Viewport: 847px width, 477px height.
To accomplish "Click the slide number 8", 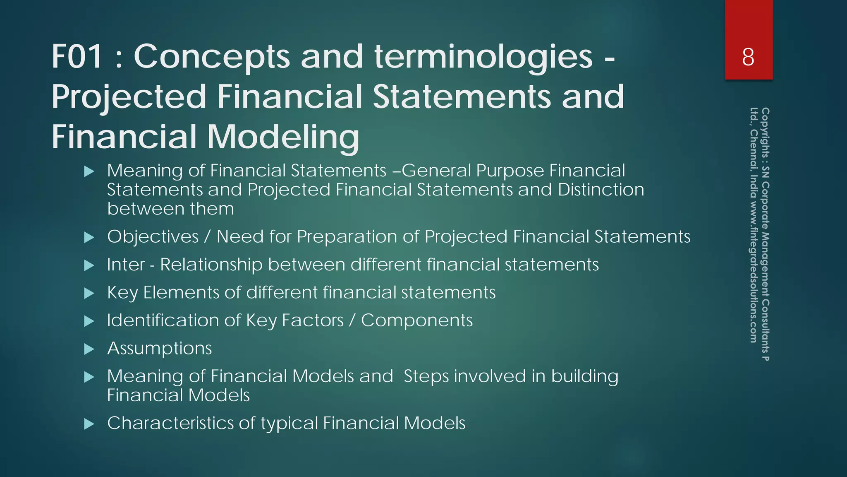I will tap(748, 57).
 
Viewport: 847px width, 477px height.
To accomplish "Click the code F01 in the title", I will tap(77, 57).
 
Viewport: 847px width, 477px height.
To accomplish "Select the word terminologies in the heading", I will tap(483, 57).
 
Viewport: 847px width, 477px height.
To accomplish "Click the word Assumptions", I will tap(159, 348).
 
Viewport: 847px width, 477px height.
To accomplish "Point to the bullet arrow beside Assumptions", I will tap(89, 349).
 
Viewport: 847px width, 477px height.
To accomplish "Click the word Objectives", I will tap(153, 237).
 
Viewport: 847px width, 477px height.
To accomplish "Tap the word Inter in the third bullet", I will tap(126, 265).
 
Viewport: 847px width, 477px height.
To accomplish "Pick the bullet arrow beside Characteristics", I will tap(89, 424).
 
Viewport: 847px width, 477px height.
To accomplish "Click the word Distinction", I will tap(601, 190).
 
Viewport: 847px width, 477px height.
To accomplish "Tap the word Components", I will tap(416, 320).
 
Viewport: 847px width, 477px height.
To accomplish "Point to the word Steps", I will tap(426, 376).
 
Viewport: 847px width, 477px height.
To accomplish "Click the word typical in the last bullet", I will tap(289, 423).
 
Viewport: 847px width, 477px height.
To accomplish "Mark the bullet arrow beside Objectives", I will tap(89, 238).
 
